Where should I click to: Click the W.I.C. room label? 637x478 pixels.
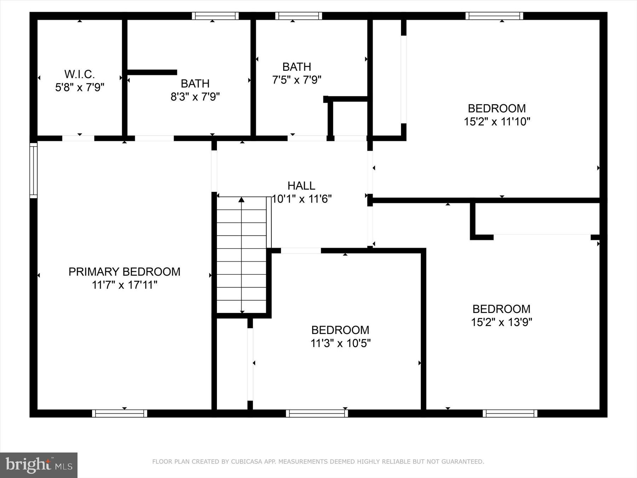(80, 74)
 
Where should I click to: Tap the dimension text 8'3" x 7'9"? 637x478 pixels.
(195, 97)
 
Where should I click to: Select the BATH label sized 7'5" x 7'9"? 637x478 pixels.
(297, 67)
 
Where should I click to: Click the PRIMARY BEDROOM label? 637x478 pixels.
(124, 272)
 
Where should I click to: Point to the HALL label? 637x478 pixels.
(301, 186)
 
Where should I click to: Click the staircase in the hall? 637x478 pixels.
(241, 255)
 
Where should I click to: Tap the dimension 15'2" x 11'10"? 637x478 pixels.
(497, 122)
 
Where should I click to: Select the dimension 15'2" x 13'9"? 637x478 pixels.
(501, 322)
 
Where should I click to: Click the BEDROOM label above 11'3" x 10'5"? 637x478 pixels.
(340, 330)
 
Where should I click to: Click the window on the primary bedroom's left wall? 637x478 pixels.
(33, 170)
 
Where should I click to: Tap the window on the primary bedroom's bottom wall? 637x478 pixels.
(120, 413)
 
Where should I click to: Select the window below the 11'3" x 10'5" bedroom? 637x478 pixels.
(317, 413)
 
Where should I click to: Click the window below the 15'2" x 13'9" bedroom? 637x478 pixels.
(510, 413)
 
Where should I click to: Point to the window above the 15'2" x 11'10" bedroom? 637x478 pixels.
(494, 16)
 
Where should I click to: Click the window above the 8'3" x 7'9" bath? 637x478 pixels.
(215, 16)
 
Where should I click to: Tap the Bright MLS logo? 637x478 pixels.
(39, 465)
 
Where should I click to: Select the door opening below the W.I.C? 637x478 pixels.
(78, 138)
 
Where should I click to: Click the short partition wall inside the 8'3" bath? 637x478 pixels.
(152, 72)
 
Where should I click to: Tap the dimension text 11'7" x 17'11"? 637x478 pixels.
(124, 285)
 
